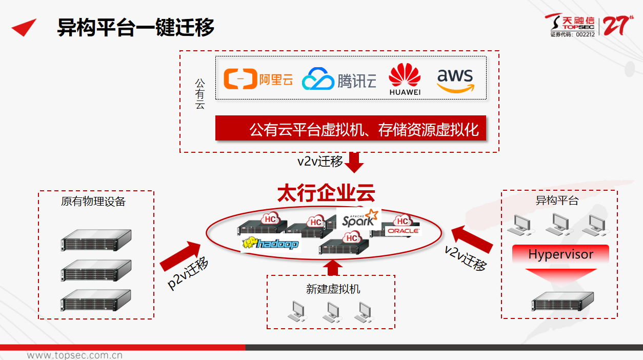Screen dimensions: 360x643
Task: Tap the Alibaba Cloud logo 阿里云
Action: pos(258,79)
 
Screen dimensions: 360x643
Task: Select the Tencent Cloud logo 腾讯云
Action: pos(339,80)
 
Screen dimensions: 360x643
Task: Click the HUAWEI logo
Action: pos(405,79)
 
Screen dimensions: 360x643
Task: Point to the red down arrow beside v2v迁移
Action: pos(354,162)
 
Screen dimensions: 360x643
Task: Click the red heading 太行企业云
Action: pos(326,194)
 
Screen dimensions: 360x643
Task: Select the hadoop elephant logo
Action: pos(270,243)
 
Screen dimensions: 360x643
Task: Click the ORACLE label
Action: pos(403,231)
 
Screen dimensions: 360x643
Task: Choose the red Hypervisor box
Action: pos(560,254)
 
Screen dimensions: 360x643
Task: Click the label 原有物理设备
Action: pos(93,201)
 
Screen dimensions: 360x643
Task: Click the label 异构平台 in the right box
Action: pos(557,200)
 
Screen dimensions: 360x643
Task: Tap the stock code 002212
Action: pos(585,35)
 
